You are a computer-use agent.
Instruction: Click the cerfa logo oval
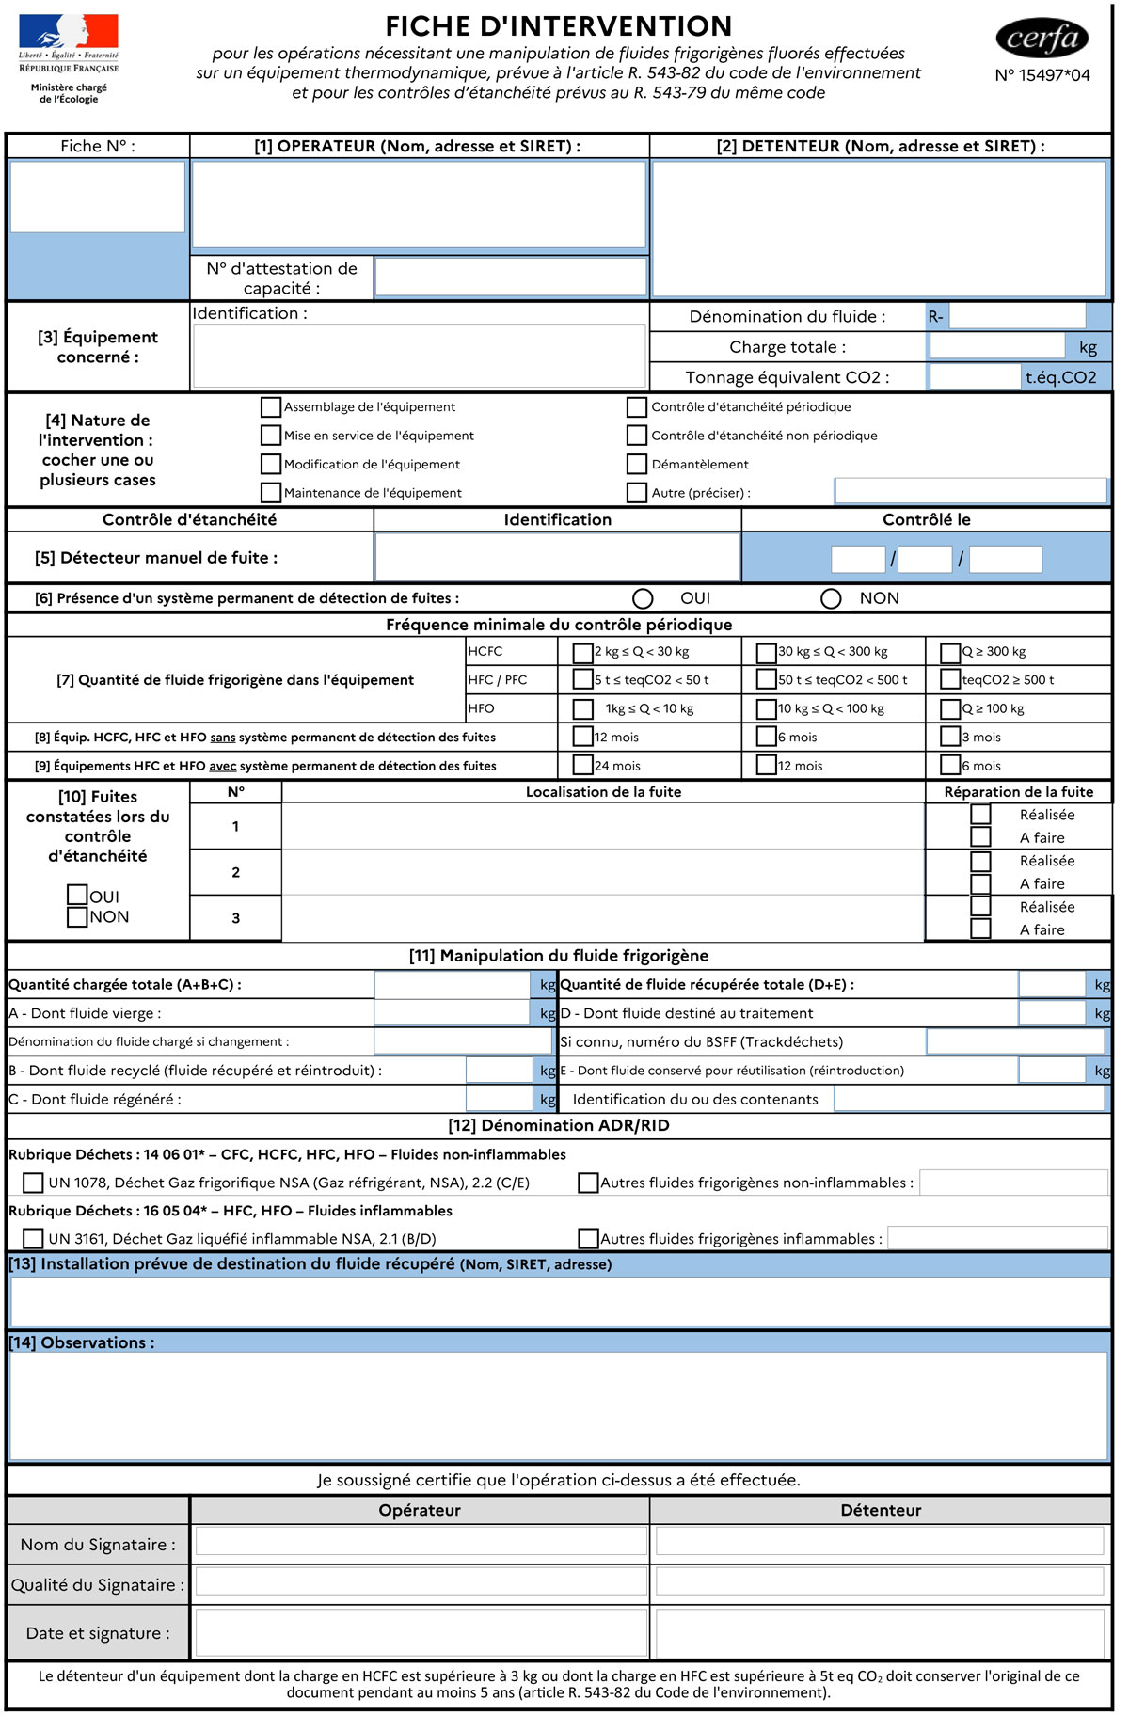[1042, 38]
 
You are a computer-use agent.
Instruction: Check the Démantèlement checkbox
[637, 464]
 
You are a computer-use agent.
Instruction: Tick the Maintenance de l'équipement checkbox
[271, 492]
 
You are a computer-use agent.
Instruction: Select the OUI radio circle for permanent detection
[643, 598]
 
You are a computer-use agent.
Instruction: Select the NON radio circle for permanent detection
[831, 598]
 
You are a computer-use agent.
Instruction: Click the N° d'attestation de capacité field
[510, 278]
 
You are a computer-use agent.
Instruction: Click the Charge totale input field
[996, 347]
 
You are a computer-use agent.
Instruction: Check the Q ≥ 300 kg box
[950, 652]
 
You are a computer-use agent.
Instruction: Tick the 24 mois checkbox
[583, 765]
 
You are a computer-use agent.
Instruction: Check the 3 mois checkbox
[950, 737]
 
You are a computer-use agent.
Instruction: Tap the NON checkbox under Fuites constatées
[77, 916]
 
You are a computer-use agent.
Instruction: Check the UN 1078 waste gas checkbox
[33, 1183]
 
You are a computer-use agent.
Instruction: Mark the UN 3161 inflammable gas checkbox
[33, 1238]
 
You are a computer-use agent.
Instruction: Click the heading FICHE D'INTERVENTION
[558, 25]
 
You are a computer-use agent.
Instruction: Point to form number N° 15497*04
[1042, 75]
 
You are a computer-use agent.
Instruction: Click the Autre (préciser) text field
[970, 491]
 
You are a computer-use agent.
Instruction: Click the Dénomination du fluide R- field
[1016, 316]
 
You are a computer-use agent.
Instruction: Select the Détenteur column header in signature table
[881, 1510]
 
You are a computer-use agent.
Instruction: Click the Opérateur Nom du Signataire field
[420, 1540]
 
